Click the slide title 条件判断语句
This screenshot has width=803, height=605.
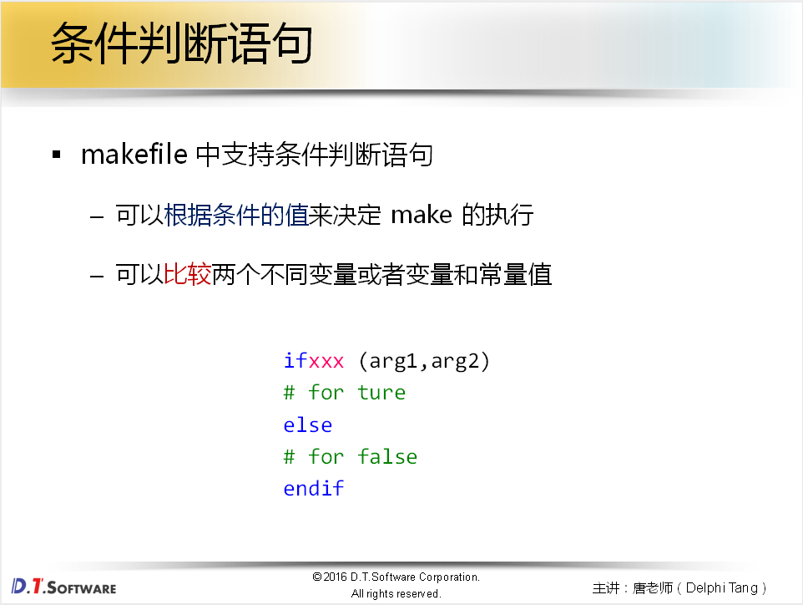tap(181, 44)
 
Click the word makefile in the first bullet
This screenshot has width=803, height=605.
tap(134, 155)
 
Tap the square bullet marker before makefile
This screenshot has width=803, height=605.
tap(57, 155)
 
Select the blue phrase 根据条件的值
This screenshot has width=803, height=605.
tap(236, 216)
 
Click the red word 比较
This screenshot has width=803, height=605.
tap(188, 274)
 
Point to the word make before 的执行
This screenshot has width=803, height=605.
tap(422, 216)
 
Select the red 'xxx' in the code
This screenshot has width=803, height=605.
tap(326, 361)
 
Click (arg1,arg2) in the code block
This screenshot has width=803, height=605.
tap(424, 361)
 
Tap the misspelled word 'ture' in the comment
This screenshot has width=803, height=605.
tap(381, 393)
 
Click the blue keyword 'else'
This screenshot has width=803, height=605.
tap(308, 425)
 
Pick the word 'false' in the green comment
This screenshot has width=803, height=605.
tap(387, 456)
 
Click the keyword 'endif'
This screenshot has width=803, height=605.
tap(314, 488)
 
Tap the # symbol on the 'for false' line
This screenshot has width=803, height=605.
tap(290, 456)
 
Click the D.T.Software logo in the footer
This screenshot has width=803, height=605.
tap(64, 586)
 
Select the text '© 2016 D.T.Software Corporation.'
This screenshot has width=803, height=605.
tap(396, 577)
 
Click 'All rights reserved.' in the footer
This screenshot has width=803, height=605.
tap(396, 594)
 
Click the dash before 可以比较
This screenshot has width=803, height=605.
tap(98, 275)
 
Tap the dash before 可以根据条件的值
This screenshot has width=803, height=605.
tap(98, 216)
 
